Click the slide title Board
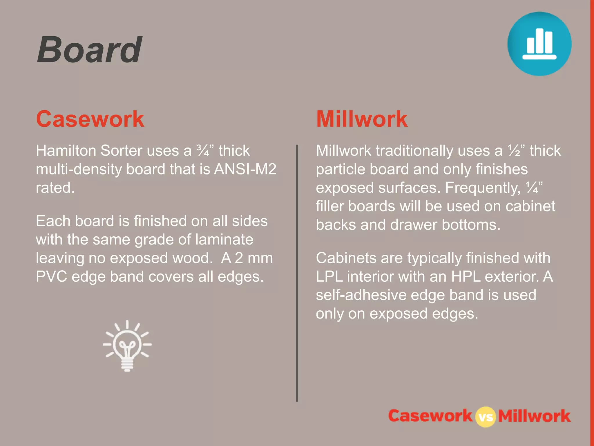coord(90,50)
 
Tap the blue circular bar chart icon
coord(539,44)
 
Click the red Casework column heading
coord(90,119)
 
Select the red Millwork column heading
coord(362,119)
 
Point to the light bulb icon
coord(127,346)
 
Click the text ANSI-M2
coord(245,169)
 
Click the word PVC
coord(51,276)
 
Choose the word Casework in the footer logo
coord(430,416)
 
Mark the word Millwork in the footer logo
coord(534,416)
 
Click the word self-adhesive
coord(361,295)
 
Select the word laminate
coord(224,240)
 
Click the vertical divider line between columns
coord(297,273)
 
